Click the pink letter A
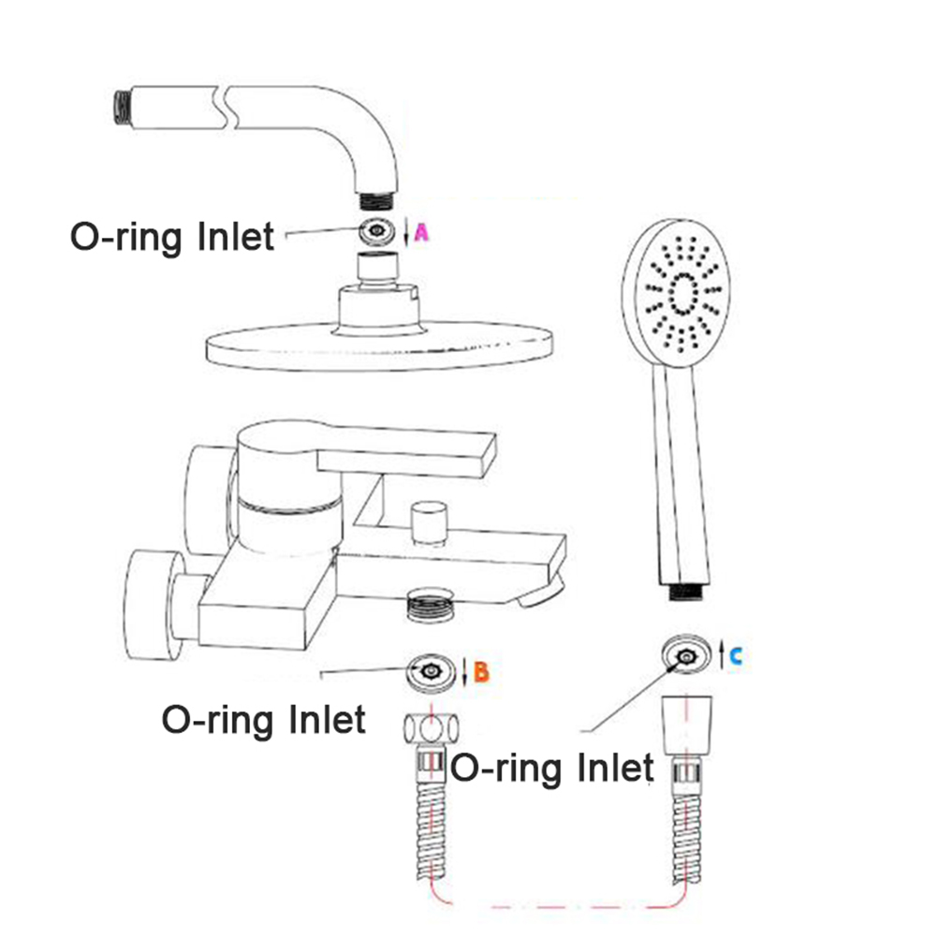click(421, 233)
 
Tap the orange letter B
click(480, 671)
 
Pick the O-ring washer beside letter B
click(432, 671)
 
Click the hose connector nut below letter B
click(431, 728)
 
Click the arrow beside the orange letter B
click(465, 671)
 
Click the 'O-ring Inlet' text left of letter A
click(173, 236)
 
